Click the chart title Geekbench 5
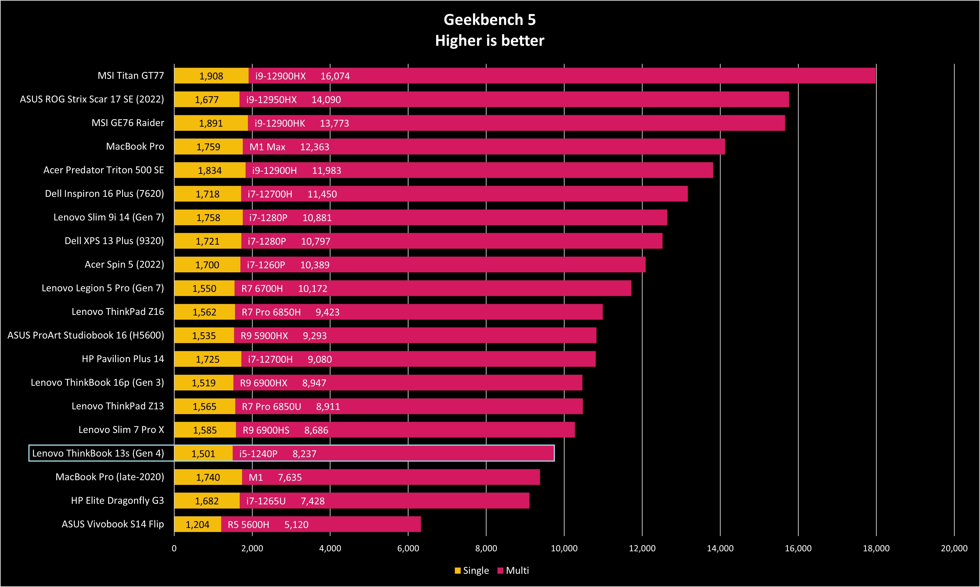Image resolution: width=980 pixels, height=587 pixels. click(490, 20)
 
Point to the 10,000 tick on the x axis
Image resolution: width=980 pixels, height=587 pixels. click(564, 548)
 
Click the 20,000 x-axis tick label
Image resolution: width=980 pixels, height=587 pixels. click(954, 548)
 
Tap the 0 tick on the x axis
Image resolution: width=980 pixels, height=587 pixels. click(174, 548)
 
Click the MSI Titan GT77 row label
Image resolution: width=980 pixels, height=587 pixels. click(131, 75)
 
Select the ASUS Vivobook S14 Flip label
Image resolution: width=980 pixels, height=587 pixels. click(113, 524)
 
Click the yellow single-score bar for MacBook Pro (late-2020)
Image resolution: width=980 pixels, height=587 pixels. click(208, 477)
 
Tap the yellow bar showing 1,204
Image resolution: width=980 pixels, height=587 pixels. click(197, 524)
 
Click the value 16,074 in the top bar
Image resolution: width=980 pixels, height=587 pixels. click(335, 76)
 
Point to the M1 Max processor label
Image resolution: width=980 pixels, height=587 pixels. click(267, 147)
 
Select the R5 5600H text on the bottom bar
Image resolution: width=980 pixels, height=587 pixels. click(248, 524)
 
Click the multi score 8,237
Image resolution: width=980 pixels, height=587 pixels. click(304, 454)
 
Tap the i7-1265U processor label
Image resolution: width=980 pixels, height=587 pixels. click(266, 501)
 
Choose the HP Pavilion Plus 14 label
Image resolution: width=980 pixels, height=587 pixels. click(123, 359)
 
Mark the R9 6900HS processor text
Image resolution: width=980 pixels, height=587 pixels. click(266, 430)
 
